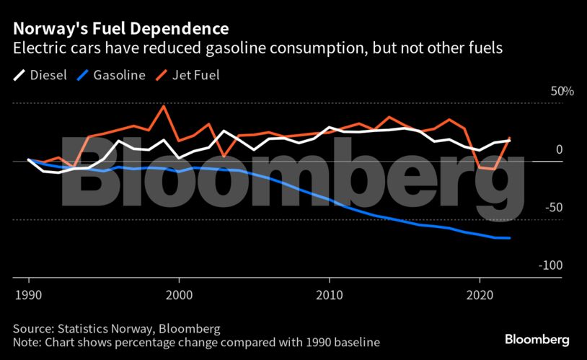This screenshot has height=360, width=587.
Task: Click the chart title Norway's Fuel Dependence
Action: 120,29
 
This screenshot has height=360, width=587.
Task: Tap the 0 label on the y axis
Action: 559,149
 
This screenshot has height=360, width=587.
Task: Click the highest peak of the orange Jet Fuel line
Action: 164,106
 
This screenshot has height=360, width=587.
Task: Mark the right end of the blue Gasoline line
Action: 510,238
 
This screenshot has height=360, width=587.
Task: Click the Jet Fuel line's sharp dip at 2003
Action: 224,156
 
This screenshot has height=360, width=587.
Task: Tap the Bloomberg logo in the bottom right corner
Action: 537,339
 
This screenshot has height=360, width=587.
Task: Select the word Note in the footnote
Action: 26,341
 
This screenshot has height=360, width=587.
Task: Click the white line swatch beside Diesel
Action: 19,75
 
